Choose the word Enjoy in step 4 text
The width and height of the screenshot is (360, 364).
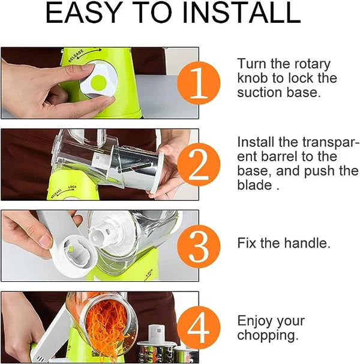[255, 321]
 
